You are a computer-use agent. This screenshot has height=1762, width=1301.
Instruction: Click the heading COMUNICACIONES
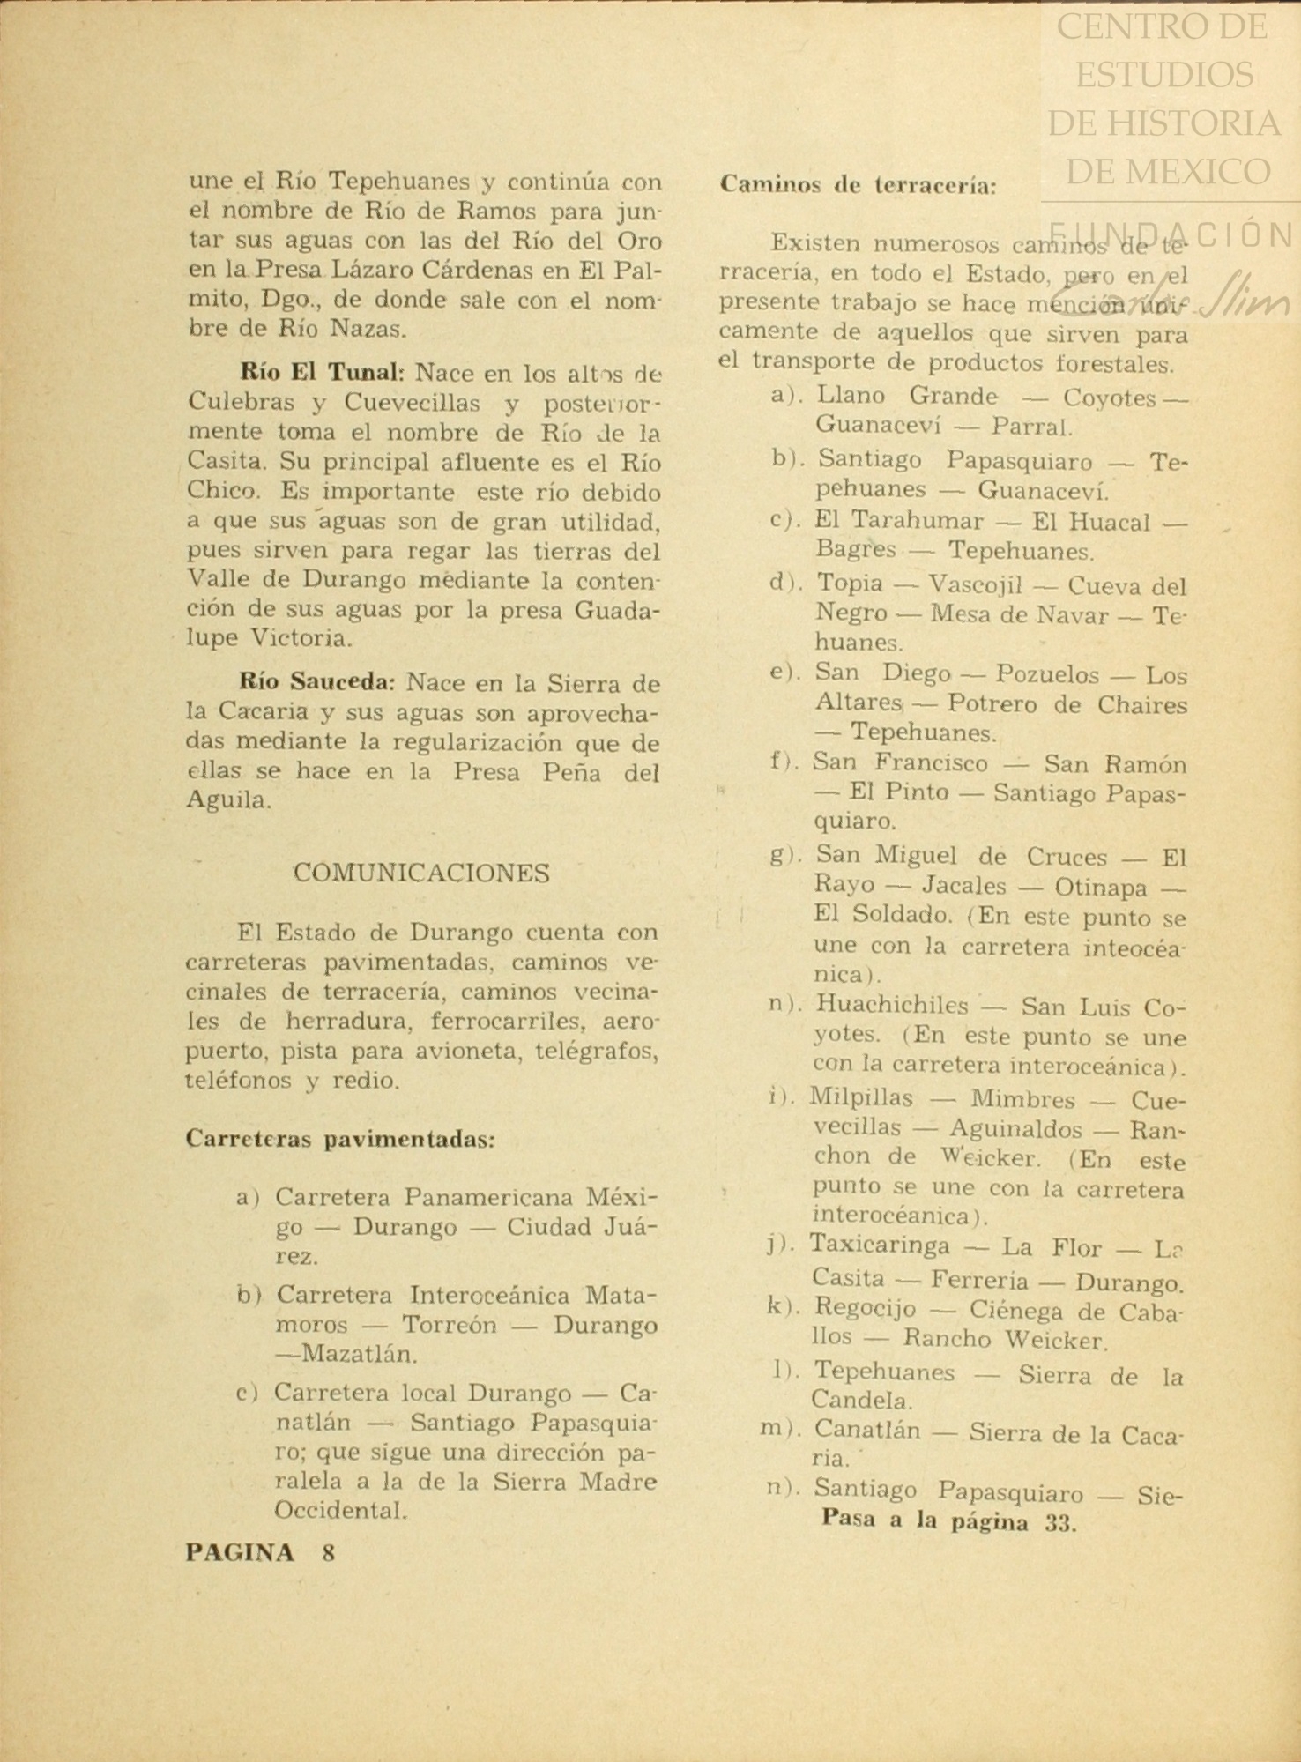421,874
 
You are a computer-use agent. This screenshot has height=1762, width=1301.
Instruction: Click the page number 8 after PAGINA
329,1553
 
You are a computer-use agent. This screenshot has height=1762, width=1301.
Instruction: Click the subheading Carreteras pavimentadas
340,1139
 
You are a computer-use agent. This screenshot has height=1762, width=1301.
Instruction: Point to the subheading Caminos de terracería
859,185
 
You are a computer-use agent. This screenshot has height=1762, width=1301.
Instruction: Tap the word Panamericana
489,1198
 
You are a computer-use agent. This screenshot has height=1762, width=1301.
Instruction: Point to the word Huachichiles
891,1006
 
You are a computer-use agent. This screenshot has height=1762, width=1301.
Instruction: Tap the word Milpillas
861,1099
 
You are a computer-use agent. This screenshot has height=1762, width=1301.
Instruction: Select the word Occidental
340,1511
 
